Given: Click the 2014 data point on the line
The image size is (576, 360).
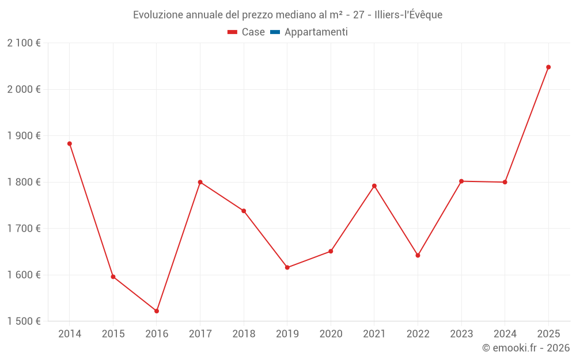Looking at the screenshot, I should (x=70, y=143).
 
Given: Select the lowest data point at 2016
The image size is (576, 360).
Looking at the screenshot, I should (x=157, y=311).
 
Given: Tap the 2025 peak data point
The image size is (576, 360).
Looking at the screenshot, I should (x=548, y=67).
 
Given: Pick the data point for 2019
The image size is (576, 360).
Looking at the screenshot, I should (x=287, y=267).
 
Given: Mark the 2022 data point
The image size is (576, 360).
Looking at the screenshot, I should (x=418, y=255).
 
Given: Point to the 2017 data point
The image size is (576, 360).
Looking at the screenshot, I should (x=200, y=182).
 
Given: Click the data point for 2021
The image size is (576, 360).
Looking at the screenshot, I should (x=374, y=186).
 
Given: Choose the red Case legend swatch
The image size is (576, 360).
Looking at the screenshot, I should (x=233, y=32).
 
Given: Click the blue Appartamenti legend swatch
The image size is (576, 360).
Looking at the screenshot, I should (x=275, y=32).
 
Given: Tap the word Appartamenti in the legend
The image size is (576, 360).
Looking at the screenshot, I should (x=316, y=32).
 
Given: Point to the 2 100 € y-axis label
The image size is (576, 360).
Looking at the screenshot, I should (x=24, y=43).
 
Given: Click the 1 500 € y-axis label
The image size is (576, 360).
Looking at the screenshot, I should (x=24, y=321).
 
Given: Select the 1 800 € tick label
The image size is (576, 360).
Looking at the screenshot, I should (x=24, y=182).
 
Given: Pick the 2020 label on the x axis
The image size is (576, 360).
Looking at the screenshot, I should (x=331, y=334).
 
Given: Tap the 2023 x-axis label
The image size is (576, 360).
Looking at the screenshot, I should (x=461, y=334).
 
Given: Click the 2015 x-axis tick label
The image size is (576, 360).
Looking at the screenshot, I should (x=113, y=334).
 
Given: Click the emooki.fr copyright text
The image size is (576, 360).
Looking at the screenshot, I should (x=525, y=348).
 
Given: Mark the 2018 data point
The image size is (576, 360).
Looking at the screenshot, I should (x=244, y=211).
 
